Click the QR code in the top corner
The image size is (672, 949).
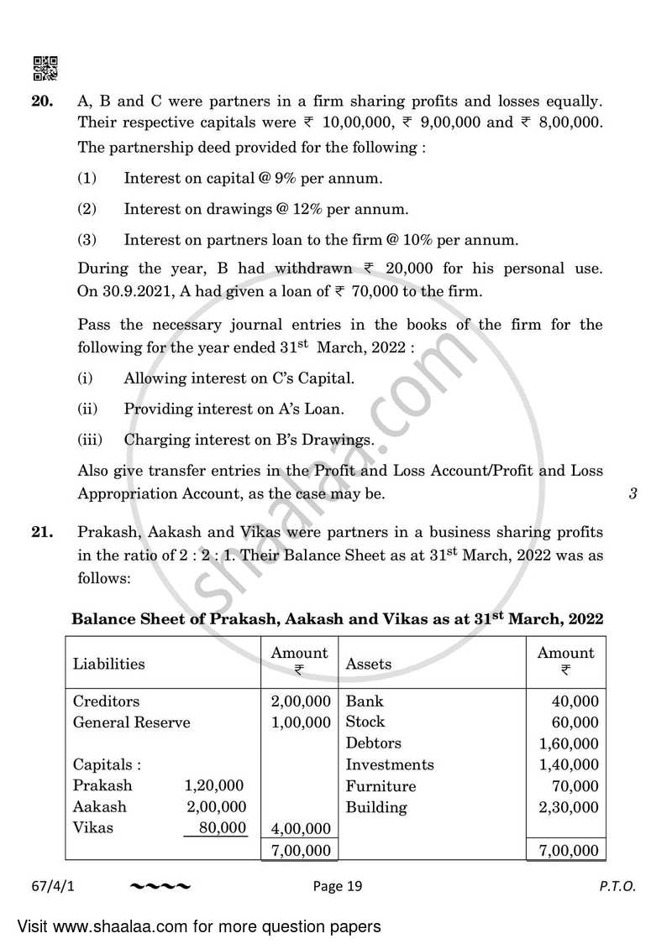click(45, 67)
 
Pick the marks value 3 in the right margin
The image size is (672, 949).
click(633, 493)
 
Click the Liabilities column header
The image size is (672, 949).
click(108, 664)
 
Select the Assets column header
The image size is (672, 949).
click(369, 664)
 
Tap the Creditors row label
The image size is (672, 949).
click(106, 701)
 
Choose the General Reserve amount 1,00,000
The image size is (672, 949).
click(301, 722)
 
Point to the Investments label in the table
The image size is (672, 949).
click(390, 764)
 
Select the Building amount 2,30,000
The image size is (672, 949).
click(569, 808)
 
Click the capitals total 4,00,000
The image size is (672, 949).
click(301, 829)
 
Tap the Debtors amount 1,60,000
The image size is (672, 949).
click(569, 743)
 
